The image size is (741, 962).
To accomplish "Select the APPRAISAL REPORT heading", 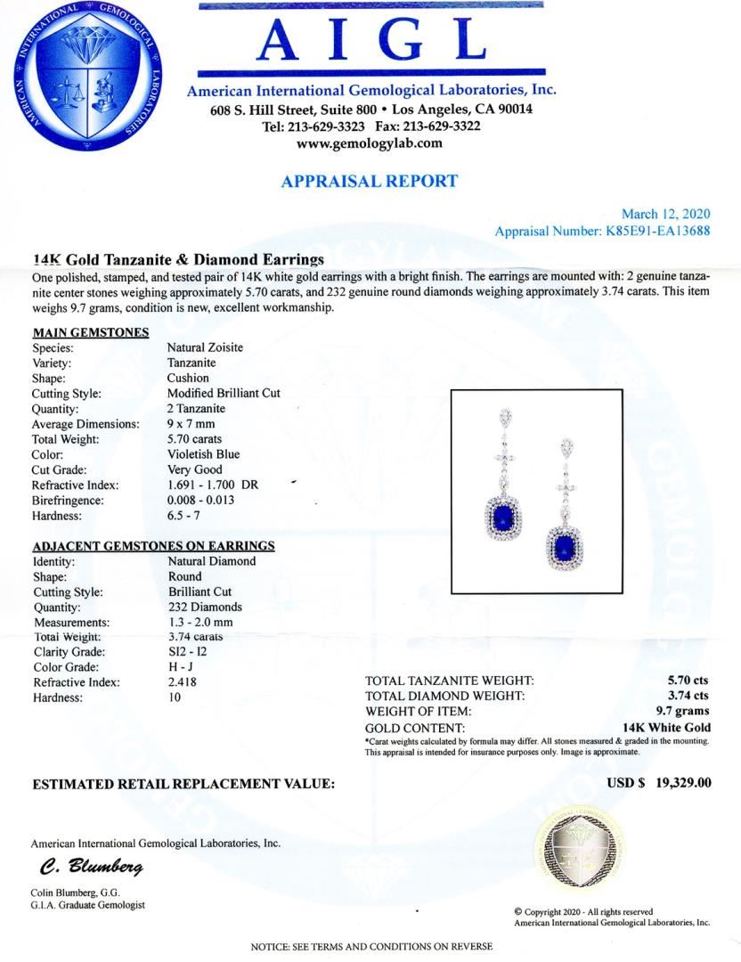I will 369,181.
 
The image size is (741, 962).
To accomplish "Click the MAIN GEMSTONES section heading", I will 90,332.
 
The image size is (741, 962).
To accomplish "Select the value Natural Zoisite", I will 205,347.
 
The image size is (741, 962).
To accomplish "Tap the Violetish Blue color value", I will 203,454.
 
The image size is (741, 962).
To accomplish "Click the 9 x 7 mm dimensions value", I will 191,424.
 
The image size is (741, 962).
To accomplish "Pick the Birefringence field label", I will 68,501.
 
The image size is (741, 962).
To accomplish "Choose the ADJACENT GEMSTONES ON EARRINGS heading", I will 153,546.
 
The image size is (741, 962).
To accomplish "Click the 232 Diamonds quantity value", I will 205,607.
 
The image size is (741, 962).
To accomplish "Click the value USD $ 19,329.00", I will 658,784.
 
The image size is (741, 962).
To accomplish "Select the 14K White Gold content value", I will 666,727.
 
